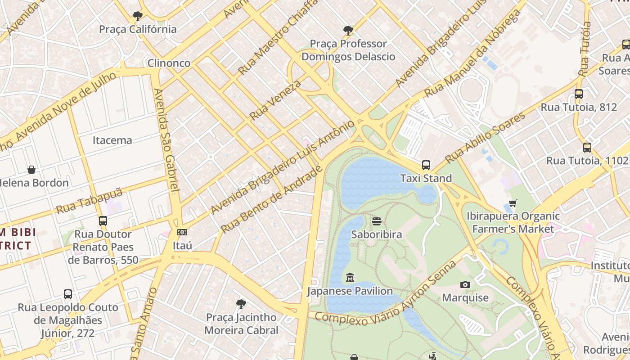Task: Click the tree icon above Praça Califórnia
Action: (138, 17)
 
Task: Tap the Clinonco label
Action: (169, 63)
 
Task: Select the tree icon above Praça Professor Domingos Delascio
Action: (348, 31)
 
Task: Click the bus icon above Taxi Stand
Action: (426, 165)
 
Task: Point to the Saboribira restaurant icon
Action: (377, 221)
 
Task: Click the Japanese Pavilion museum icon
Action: (350, 277)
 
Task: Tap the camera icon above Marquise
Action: (465, 284)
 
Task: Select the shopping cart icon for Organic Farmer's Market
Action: (513, 203)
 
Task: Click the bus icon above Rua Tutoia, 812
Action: (579, 94)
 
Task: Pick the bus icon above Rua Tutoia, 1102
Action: (587, 147)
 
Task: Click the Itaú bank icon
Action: (182, 232)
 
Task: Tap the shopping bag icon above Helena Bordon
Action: (31, 170)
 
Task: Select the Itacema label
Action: (112, 140)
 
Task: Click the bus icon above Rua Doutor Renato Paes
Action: (103, 221)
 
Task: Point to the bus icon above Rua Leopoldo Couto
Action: (68, 294)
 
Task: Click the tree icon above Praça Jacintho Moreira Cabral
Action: (241, 304)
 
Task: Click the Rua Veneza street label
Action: (275, 100)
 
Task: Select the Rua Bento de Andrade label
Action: (272, 199)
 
